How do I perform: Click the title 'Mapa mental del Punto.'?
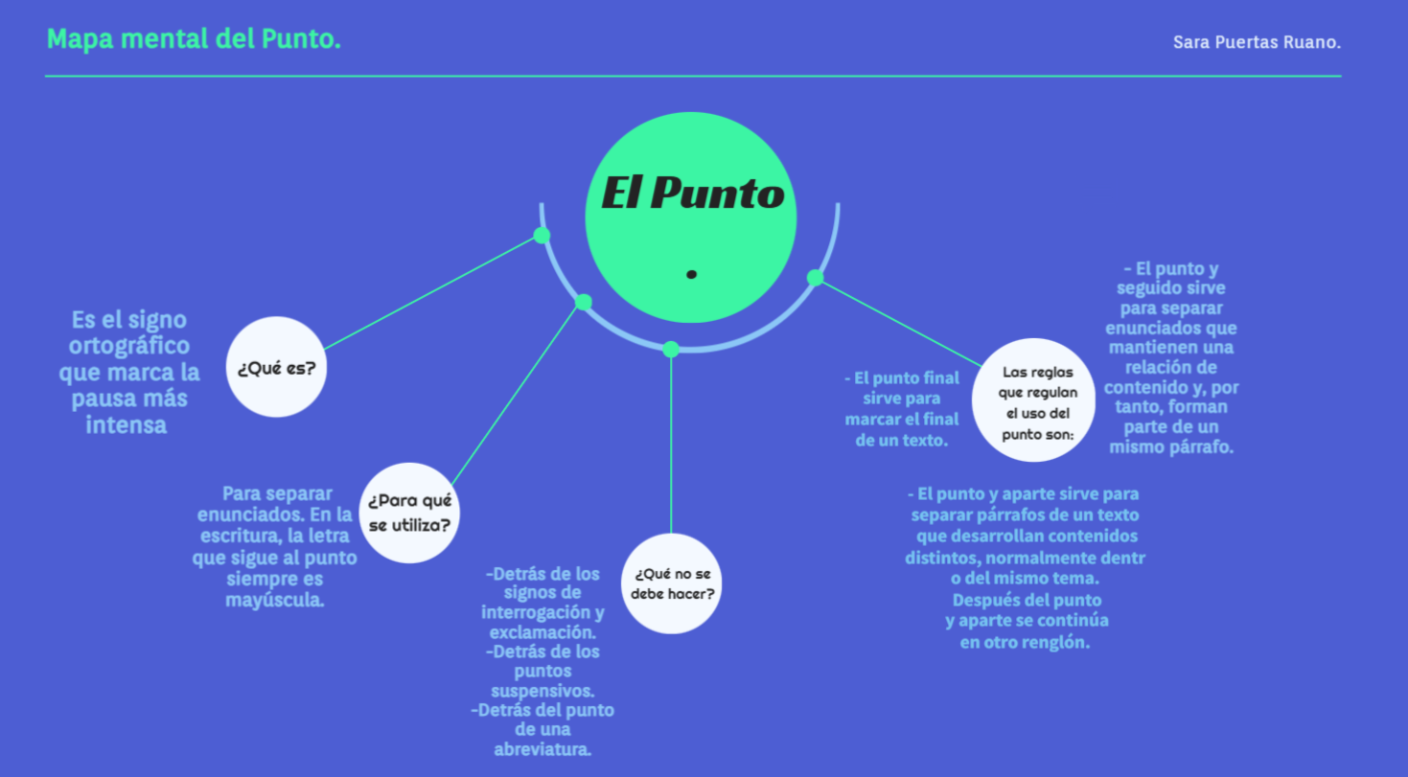click(194, 39)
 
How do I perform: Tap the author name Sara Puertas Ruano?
click(1257, 42)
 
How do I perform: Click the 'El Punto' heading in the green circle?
click(692, 194)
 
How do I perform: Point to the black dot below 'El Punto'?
click(691, 275)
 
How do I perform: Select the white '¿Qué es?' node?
click(277, 367)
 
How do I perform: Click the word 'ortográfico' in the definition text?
click(129, 346)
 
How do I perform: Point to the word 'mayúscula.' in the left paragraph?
click(275, 601)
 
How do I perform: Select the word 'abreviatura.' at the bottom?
click(542, 749)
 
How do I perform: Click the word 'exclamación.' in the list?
click(543, 632)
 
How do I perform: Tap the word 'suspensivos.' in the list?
click(542, 691)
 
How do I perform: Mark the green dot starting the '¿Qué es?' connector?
click(542, 236)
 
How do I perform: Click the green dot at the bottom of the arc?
click(671, 349)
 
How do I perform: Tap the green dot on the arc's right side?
click(815, 278)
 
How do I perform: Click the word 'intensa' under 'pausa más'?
click(127, 424)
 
